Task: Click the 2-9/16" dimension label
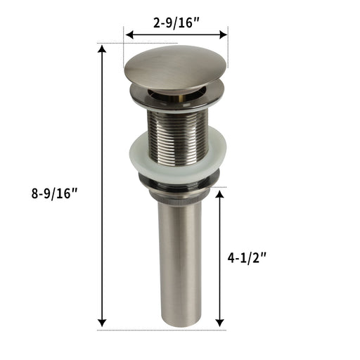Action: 176,23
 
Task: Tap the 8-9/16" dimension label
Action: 54,194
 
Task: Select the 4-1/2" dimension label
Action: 247,258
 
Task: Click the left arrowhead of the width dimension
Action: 129,35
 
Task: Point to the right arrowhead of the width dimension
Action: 223,35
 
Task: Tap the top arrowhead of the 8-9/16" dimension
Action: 102,49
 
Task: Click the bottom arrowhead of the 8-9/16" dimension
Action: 102,323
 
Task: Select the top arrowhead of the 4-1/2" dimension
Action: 219,194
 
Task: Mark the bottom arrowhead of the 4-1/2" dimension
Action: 219,323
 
